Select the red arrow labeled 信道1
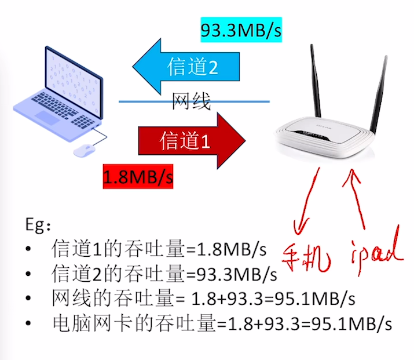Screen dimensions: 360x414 [192, 141]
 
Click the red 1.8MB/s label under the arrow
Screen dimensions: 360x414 [138, 176]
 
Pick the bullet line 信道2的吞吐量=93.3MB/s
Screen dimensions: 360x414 [164, 273]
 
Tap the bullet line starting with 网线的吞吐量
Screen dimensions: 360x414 [203, 298]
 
